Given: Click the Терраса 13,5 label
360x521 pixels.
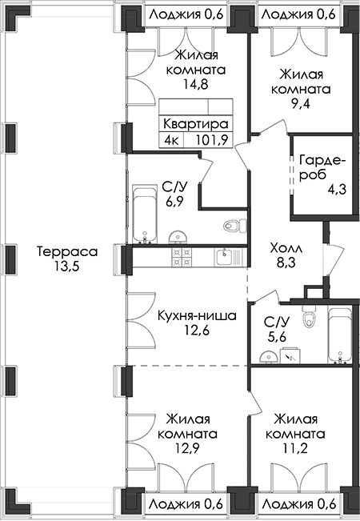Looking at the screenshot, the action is click(x=67, y=258).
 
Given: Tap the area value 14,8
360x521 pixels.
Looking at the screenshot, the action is click(x=196, y=84).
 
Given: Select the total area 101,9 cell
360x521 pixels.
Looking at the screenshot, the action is click(x=211, y=140).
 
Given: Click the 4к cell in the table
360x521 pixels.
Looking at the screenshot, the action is click(x=171, y=140).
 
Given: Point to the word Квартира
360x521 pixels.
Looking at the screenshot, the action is click(x=196, y=123).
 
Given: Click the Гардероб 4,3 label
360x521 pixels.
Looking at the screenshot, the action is click(x=323, y=174).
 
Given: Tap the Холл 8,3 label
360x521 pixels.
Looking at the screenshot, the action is click(x=286, y=255).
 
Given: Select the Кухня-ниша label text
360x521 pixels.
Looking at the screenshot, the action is click(x=197, y=315).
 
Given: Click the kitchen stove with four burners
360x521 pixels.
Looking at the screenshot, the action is click(x=182, y=257).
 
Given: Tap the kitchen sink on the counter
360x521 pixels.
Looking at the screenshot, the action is click(x=226, y=257).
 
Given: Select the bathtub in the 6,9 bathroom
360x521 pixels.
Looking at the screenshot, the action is click(x=145, y=214).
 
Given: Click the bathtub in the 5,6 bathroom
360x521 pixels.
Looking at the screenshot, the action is click(x=339, y=335).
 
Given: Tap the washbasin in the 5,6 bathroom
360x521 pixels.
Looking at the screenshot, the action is click(x=269, y=357).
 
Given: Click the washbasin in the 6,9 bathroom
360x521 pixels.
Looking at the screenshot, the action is click(x=178, y=237).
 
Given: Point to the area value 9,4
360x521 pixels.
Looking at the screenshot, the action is click(x=301, y=104).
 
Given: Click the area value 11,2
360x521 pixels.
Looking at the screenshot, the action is click(x=295, y=448).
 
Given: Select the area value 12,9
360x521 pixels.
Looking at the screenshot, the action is click(x=187, y=448).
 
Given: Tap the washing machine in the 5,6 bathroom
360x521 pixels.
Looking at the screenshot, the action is click(x=291, y=355).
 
